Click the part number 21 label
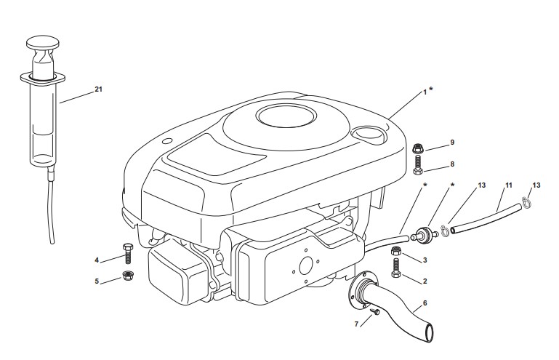[x=98, y=89]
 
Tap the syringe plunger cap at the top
[x=43, y=42]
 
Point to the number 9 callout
[x=452, y=143]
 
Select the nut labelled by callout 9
[x=417, y=148]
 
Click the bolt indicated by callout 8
[x=418, y=165]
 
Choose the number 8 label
[x=452, y=164]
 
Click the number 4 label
[x=97, y=260]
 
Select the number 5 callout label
[x=97, y=281]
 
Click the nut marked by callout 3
[x=396, y=251]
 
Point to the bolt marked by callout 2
[x=396, y=268]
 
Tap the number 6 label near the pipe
[x=425, y=303]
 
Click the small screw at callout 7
[x=375, y=312]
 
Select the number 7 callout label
[x=356, y=324]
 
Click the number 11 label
[x=509, y=185]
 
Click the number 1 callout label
[x=425, y=92]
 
